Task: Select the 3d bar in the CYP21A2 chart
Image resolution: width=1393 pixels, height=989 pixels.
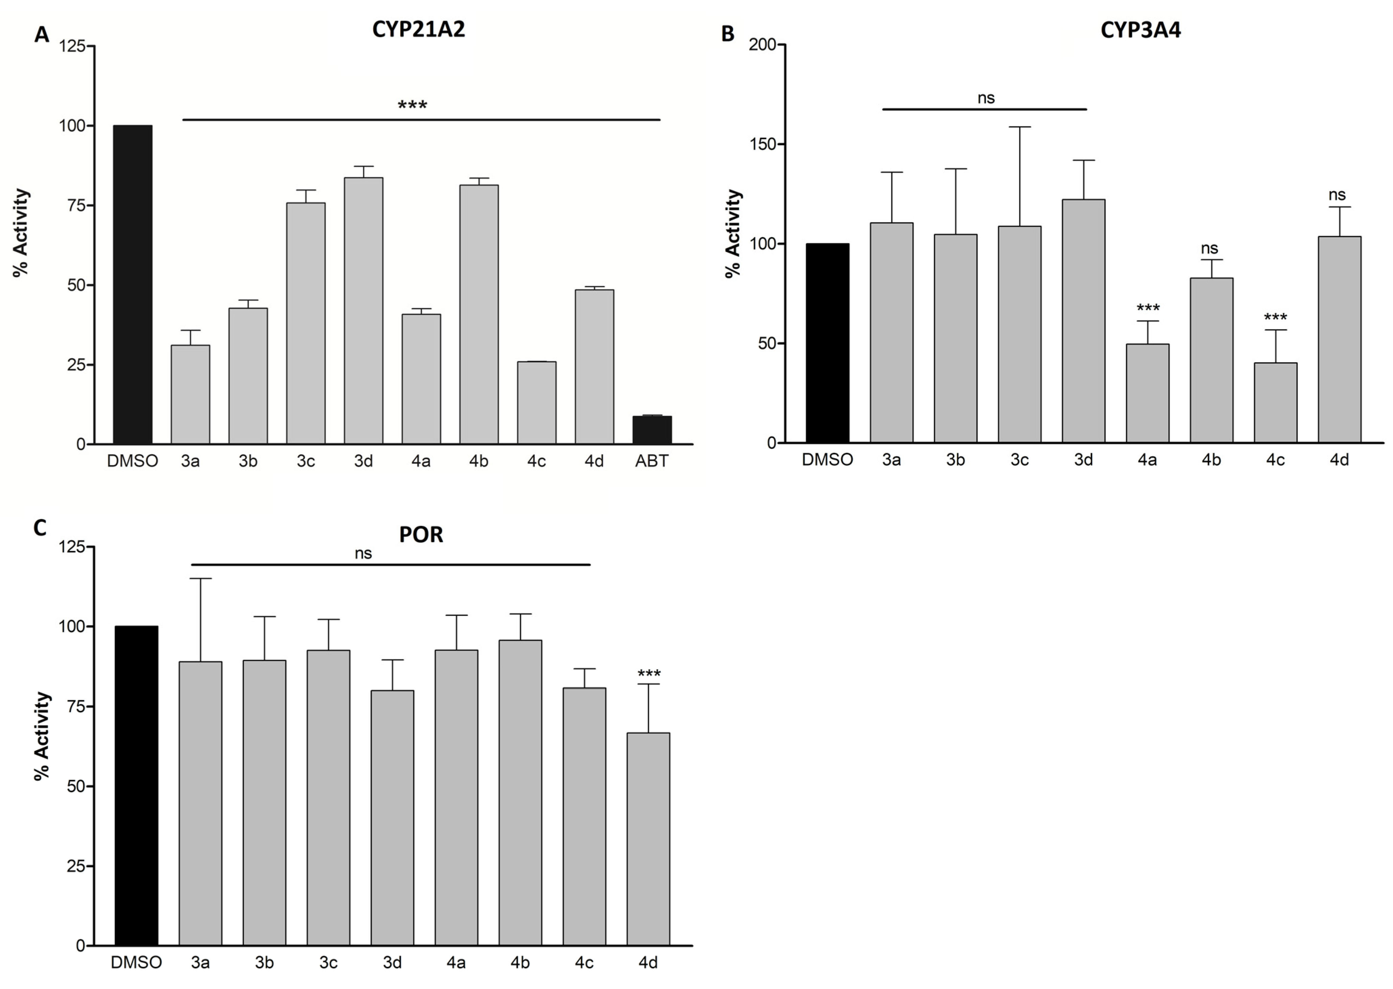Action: pyautogui.click(x=363, y=310)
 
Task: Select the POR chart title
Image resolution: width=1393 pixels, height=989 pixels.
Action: pyautogui.click(x=421, y=535)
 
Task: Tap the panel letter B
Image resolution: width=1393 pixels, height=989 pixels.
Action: pyautogui.click(x=728, y=33)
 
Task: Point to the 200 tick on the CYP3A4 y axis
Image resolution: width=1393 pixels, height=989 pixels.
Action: pyautogui.click(x=763, y=45)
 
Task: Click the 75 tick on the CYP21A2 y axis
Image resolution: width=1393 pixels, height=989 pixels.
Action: pyautogui.click(x=72, y=205)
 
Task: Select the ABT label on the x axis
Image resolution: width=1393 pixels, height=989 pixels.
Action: pyautogui.click(x=652, y=461)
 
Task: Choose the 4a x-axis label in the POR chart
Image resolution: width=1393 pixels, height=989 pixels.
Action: pyautogui.click(x=456, y=963)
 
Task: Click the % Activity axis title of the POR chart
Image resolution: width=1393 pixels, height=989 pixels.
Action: pyautogui.click(x=41, y=736)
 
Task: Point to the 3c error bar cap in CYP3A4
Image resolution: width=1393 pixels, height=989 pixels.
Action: pyautogui.click(x=1019, y=127)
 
